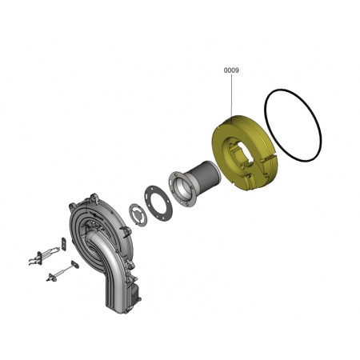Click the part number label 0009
tap(231, 70)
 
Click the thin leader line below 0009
tap(231, 95)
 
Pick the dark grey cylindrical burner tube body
tap(205, 175)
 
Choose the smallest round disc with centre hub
tap(138, 214)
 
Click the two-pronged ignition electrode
tap(44, 254)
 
